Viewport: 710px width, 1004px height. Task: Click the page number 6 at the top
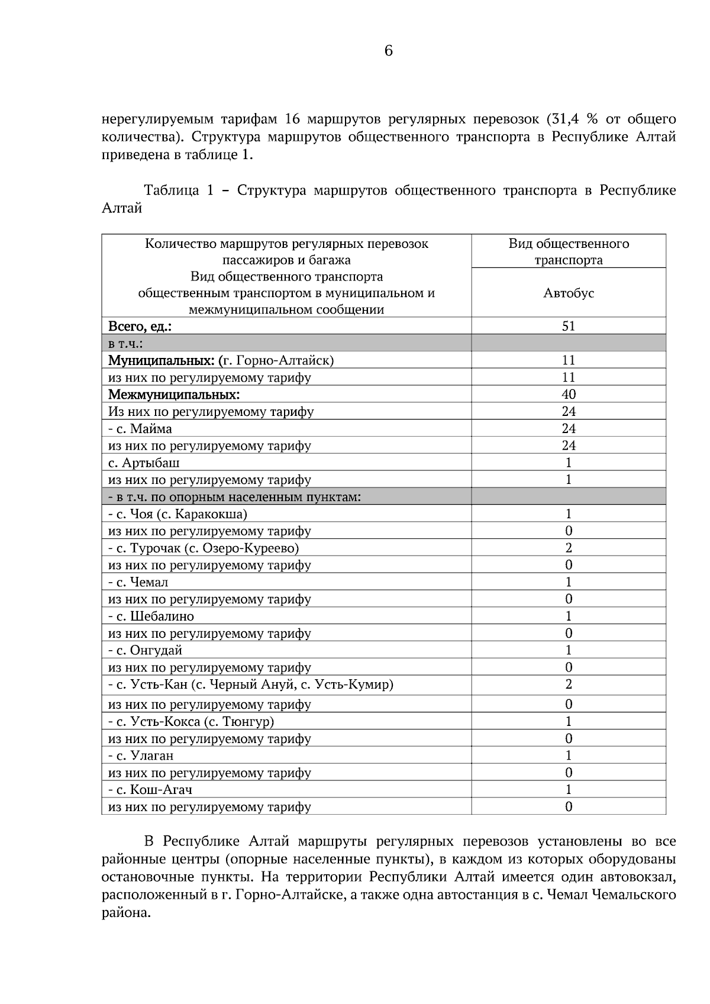(x=388, y=51)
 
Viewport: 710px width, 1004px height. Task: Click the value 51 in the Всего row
(x=568, y=326)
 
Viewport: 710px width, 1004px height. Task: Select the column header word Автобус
(x=568, y=293)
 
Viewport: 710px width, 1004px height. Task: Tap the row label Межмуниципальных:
(x=173, y=394)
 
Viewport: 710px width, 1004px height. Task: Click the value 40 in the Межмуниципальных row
(x=568, y=394)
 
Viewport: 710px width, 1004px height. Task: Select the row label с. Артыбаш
(x=144, y=463)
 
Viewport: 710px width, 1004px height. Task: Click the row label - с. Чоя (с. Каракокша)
(x=177, y=514)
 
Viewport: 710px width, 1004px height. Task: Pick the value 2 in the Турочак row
(x=568, y=548)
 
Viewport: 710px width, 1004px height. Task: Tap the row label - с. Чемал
(x=138, y=582)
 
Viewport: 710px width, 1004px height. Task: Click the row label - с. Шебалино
(x=151, y=616)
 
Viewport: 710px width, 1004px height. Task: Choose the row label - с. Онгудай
(x=145, y=650)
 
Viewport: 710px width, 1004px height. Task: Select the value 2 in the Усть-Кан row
(x=568, y=685)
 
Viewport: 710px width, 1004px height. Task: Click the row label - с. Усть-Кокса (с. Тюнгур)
(x=191, y=721)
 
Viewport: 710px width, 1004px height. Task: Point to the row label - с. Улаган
(x=141, y=756)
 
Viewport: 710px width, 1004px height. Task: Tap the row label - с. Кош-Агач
(x=150, y=790)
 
